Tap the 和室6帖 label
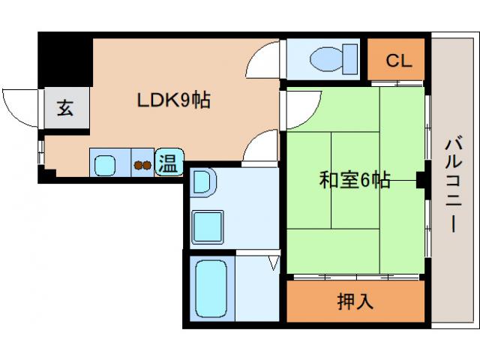click(x=355, y=180)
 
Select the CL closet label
click(x=398, y=61)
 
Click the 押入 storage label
click(x=355, y=302)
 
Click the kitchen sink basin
click(x=105, y=163)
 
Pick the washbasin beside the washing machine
click(x=202, y=183)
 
